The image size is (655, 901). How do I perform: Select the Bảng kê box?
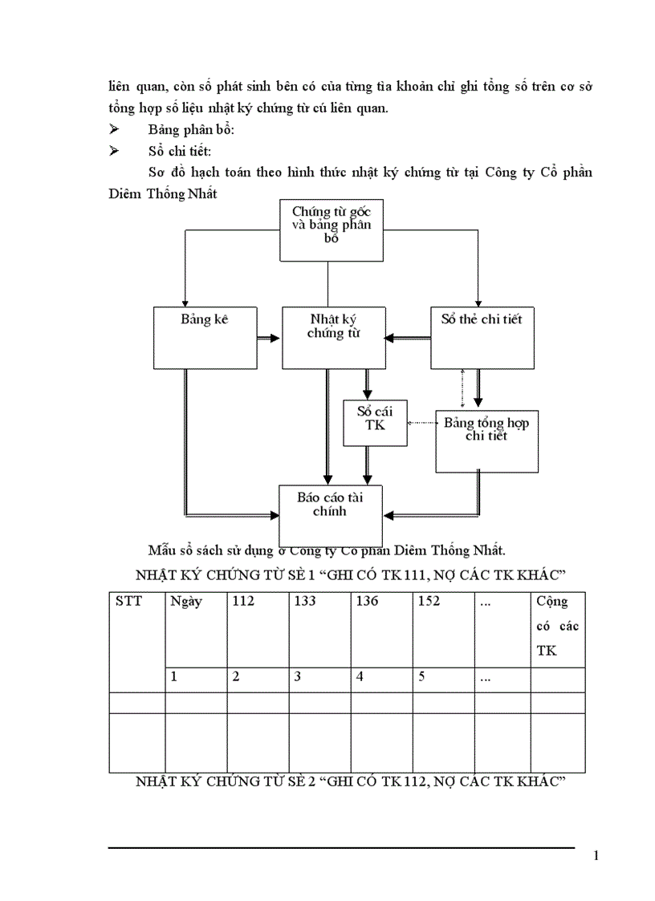205,337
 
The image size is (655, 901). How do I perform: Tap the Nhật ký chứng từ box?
333,337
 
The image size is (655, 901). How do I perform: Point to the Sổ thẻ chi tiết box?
482,337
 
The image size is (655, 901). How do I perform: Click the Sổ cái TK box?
375,423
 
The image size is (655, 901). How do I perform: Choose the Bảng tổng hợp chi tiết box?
486,440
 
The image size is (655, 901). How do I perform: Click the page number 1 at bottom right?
595,856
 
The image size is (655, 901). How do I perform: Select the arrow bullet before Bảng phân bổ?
114,130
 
